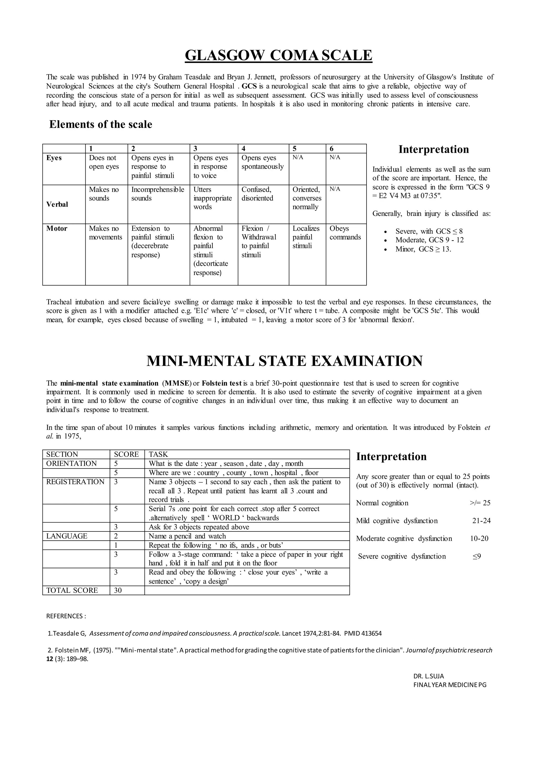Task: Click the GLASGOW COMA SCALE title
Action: [x=278, y=55]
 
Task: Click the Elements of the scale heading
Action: [x=100, y=124]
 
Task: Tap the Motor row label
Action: [x=57, y=229]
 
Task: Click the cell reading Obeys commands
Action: [x=345, y=233]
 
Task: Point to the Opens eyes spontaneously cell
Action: [x=262, y=162]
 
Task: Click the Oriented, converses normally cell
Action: [x=307, y=198]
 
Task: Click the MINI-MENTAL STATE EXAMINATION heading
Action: [x=284, y=361]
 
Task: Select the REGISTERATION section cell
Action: [x=75, y=482]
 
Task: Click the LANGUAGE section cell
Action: [x=66, y=536]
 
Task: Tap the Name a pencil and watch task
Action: [x=187, y=536]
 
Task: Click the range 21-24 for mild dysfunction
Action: [x=481, y=521]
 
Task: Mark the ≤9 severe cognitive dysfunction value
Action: [x=476, y=556]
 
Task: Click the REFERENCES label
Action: [x=66, y=616]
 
